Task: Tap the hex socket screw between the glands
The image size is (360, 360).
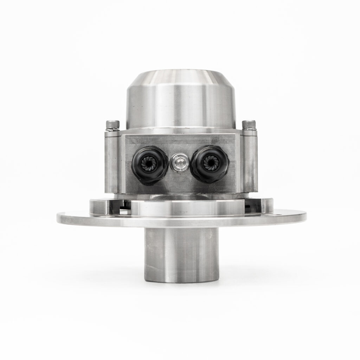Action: (x=179, y=163)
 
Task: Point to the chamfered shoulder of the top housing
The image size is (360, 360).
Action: (x=180, y=77)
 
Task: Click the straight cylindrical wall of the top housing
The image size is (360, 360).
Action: (x=180, y=105)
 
